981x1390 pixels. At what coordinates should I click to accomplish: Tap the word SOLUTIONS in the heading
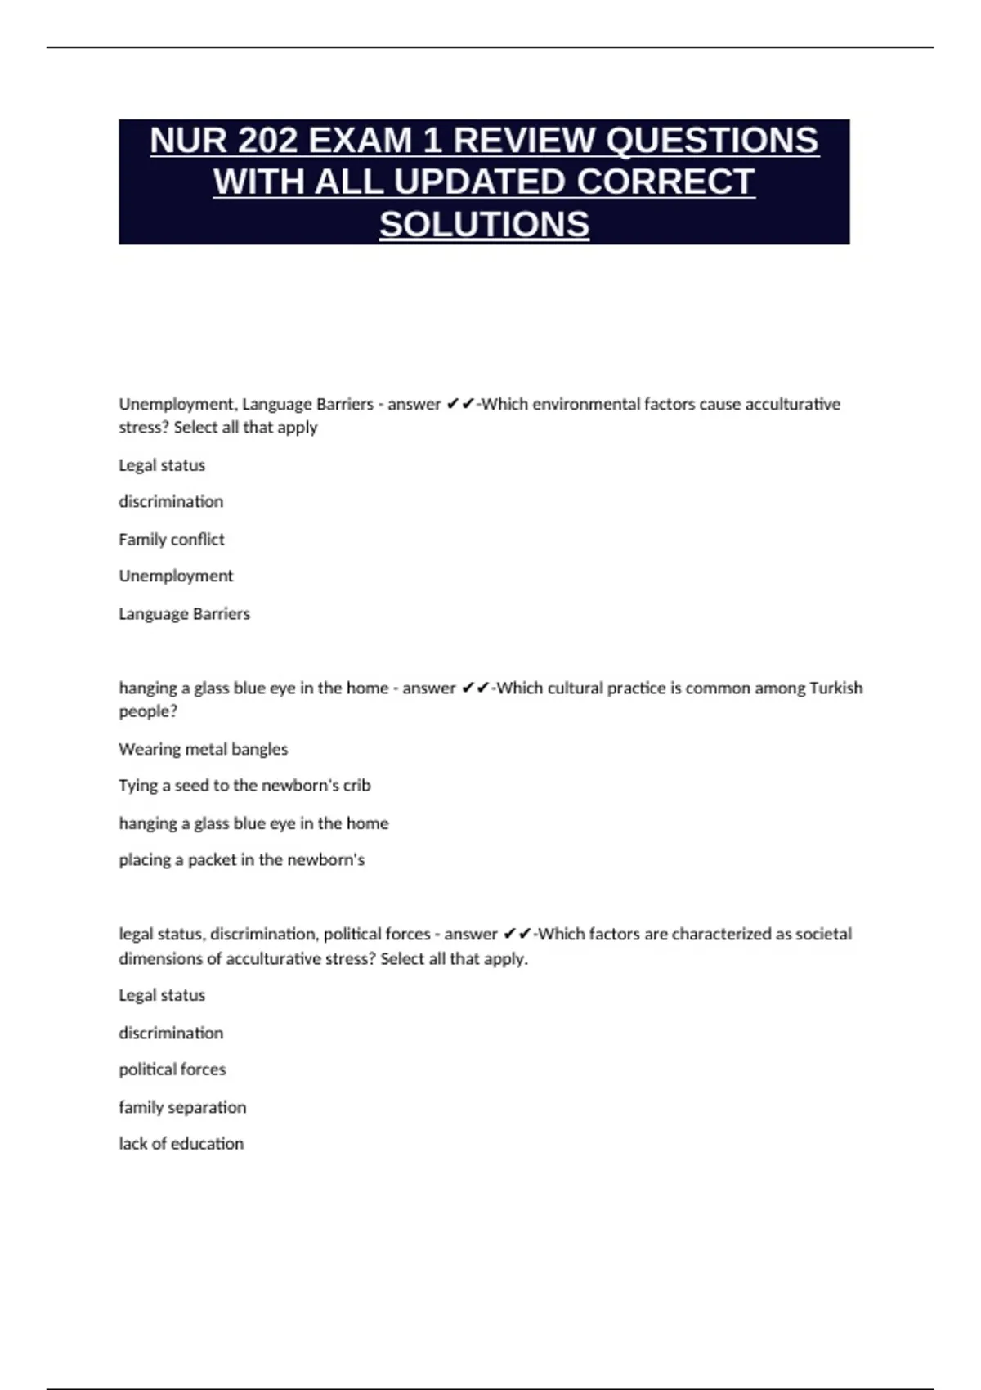pos(484,224)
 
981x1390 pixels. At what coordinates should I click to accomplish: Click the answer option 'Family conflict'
pos(172,539)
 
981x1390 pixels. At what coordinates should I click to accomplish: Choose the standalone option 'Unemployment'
pos(176,576)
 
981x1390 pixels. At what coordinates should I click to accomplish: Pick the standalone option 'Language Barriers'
pos(184,613)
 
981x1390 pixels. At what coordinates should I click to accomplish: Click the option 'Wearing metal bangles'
pos(204,749)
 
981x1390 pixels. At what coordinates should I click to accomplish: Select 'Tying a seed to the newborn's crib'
pos(244,785)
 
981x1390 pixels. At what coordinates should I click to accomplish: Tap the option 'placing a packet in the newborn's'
pos(241,859)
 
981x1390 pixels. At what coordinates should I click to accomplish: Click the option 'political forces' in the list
pos(172,1069)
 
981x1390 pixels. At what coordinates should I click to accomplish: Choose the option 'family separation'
pos(182,1107)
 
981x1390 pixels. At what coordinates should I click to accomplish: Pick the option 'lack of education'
pos(181,1143)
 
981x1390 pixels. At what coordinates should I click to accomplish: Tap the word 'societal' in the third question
pos(823,934)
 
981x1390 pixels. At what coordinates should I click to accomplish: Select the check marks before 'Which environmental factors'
pos(460,404)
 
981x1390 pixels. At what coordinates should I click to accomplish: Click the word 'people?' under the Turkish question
pos(148,711)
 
